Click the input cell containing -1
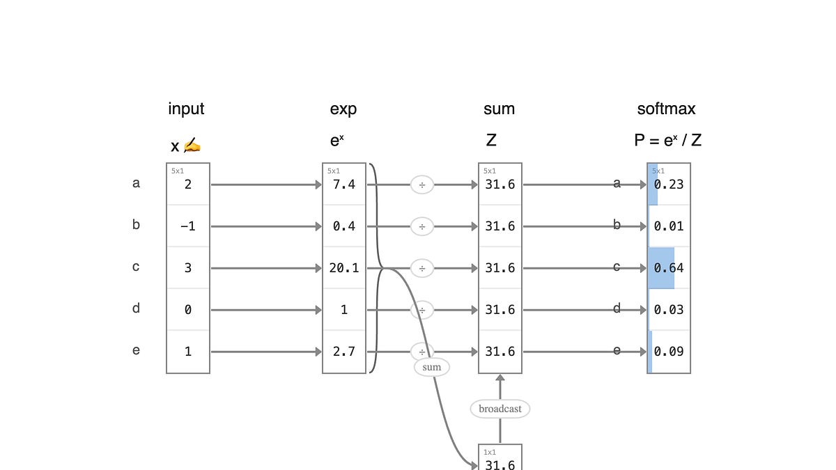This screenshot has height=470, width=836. coord(188,226)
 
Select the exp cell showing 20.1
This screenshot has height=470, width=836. coord(344,268)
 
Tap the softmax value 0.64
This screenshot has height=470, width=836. coord(669,268)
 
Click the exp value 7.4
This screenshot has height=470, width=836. coord(344,185)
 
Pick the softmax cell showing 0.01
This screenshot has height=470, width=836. coord(669,226)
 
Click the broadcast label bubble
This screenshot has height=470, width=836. coord(500,409)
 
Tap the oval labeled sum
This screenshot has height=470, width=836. coord(432,367)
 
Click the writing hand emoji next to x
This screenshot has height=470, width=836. coord(192,145)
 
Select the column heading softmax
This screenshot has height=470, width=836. coord(666,109)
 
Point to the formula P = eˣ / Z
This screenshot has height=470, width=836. coord(667,140)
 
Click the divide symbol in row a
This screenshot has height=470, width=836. coord(422,185)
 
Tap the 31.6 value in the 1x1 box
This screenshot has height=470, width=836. coord(500,464)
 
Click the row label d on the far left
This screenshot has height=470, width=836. coord(137,308)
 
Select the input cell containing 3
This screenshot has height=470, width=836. coord(188,268)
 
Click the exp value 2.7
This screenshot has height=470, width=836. coord(344,352)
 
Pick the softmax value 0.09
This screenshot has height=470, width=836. coord(669,352)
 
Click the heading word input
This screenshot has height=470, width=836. coord(186,109)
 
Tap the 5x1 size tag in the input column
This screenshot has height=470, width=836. coord(178,171)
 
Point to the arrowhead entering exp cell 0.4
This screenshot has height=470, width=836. coord(318,226)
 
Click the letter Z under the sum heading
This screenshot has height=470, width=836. coord(491,140)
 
